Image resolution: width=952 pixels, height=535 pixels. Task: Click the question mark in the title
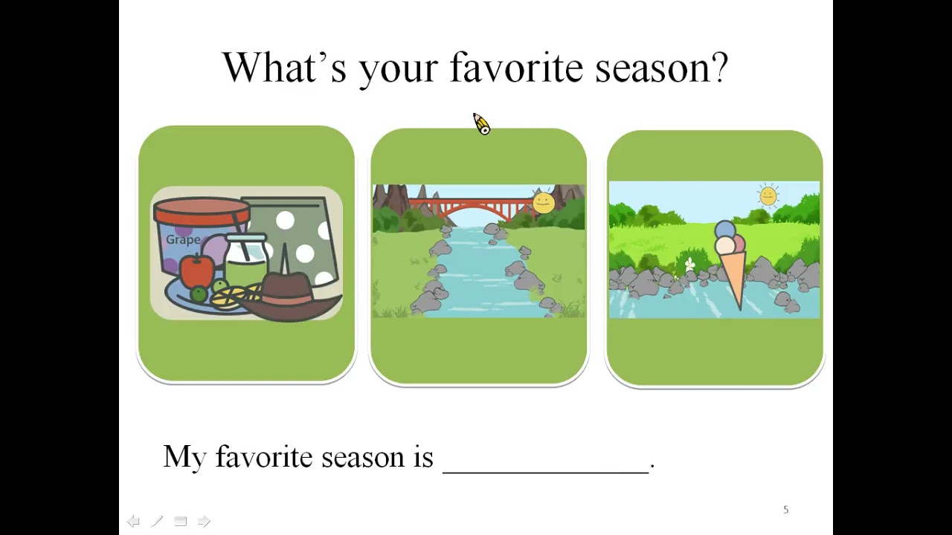719,67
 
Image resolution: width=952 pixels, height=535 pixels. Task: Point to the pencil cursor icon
481,124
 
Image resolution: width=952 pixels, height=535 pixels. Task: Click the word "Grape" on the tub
183,240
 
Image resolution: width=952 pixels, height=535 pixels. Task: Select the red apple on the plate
196,270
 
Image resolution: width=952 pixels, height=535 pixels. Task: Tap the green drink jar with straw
245,260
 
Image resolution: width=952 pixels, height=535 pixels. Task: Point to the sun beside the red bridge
543,203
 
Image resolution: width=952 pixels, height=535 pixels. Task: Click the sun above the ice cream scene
768,195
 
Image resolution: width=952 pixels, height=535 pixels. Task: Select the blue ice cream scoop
725,230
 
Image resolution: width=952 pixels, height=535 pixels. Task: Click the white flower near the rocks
689,264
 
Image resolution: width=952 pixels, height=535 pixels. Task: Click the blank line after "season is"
546,471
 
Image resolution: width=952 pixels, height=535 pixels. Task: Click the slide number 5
786,510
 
